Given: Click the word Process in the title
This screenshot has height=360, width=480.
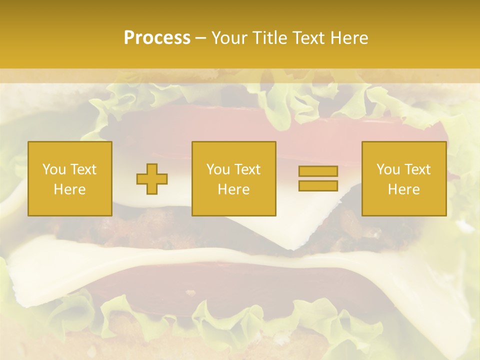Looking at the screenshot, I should [x=157, y=38].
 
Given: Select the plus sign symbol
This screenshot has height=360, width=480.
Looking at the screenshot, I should [x=152, y=179].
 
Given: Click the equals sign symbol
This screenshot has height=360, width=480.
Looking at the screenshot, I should [x=318, y=178].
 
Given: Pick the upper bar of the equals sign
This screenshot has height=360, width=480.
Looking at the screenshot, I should [x=318, y=171].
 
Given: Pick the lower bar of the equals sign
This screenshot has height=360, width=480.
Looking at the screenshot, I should [x=318, y=185].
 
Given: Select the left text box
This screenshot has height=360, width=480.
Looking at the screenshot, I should [x=70, y=178].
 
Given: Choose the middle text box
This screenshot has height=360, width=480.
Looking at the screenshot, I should [x=233, y=178].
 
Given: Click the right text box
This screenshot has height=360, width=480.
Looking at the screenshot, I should [x=404, y=178].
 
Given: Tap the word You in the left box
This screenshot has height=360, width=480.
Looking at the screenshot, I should [x=54, y=169].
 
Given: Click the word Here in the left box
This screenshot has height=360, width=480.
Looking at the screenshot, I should [x=70, y=189].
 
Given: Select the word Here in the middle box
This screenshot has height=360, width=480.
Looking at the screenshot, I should [x=233, y=189].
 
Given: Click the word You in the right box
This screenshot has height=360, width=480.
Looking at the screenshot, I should [x=388, y=169].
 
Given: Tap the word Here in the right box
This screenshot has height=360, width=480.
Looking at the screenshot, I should [x=404, y=189].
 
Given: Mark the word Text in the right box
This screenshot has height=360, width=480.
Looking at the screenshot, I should [x=417, y=169].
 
